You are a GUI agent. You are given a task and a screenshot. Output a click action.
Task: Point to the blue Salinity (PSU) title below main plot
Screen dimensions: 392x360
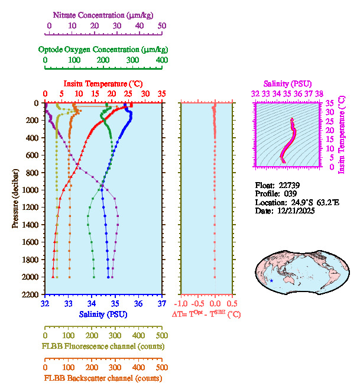point(103,314)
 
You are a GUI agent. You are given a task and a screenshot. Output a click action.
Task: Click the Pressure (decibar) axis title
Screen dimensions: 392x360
point(16,198)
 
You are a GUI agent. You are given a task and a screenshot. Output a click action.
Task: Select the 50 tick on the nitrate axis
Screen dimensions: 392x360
point(162,26)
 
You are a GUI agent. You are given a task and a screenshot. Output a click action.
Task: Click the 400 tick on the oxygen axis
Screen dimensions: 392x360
point(161,60)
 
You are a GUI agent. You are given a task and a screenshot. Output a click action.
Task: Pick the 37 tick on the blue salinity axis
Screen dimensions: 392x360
point(162,303)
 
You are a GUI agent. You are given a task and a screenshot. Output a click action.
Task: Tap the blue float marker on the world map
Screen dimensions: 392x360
point(271,280)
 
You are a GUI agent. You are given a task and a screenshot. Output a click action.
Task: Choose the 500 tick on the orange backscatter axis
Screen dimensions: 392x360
point(161,367)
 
